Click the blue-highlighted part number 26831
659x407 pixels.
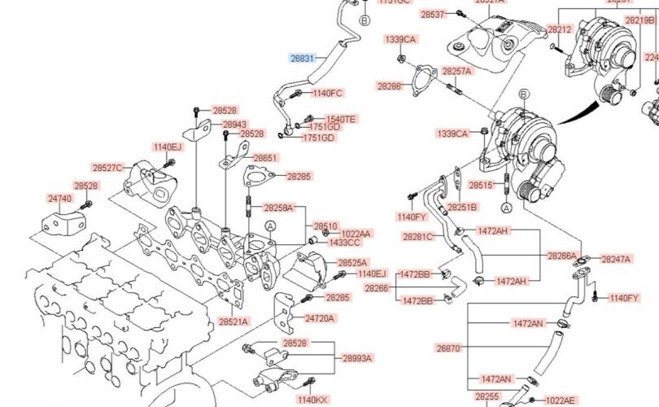[x=302, y=58]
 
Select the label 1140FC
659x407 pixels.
[x=327, y=93]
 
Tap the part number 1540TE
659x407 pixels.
[x=340, y=119]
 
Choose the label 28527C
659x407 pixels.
[x=107, y=168]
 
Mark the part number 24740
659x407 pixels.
[x=59, y=198]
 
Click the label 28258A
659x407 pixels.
[x=278, y=208]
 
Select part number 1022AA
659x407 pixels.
[x=356, y=234]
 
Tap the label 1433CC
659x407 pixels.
[x=344, y=243]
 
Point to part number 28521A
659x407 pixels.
[x=233, y=322]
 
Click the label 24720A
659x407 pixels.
[x=319, y=317]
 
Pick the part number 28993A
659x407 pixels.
[x=356, y=357]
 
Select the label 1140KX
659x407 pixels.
[x=312, y=400]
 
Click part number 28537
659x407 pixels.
[x=433, y=14]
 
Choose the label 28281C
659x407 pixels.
[x=417, y=237]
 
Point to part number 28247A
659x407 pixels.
[x=616, y=259]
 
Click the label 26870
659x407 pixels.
[x=448, y=348]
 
